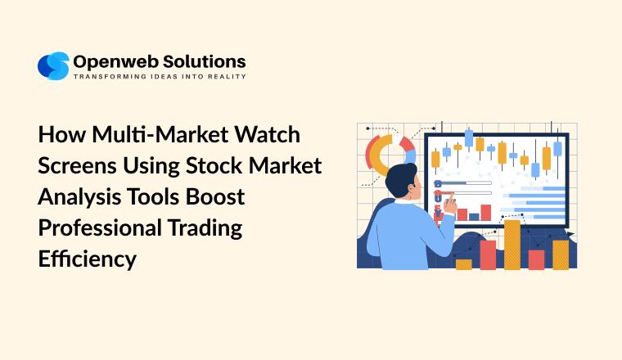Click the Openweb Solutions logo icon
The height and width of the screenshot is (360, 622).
tap(53, 65)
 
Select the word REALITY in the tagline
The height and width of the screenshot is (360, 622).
tap(228, 76)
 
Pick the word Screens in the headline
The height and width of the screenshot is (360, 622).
tap(76, 164)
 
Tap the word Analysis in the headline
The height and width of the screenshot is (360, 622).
tap(76, 196)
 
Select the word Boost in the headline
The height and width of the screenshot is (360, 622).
tap(211, 196)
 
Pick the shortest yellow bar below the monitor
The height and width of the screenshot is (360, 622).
tap(463, 264)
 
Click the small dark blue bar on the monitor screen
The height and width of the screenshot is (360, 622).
tap(474, 216)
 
